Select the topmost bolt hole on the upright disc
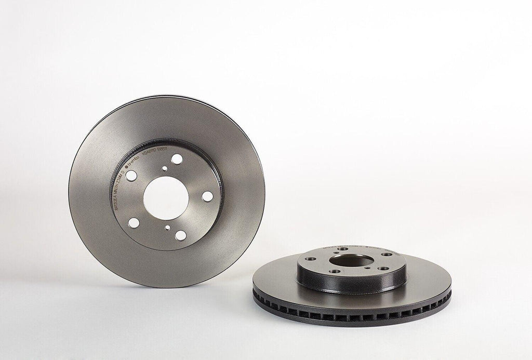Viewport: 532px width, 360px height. pyautogui.click(x=177, y=159)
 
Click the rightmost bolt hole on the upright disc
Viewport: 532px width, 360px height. pyautogui.click(x=207, y=196)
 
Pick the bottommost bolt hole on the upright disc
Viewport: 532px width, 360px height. pyautogui.click(x=180, y=235)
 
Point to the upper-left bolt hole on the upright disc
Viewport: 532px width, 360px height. pyautogui.click(x=131, y=176)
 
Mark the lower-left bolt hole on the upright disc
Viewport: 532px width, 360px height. pyautogui.click(x=134, y=223)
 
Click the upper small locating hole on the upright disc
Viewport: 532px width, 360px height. pyautogui.click(x=165, y=168)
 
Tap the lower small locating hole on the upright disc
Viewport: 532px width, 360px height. pyautogui.click(x=167, y=228)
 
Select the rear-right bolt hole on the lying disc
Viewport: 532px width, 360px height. pyautogui.click(x=387, y=254)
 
